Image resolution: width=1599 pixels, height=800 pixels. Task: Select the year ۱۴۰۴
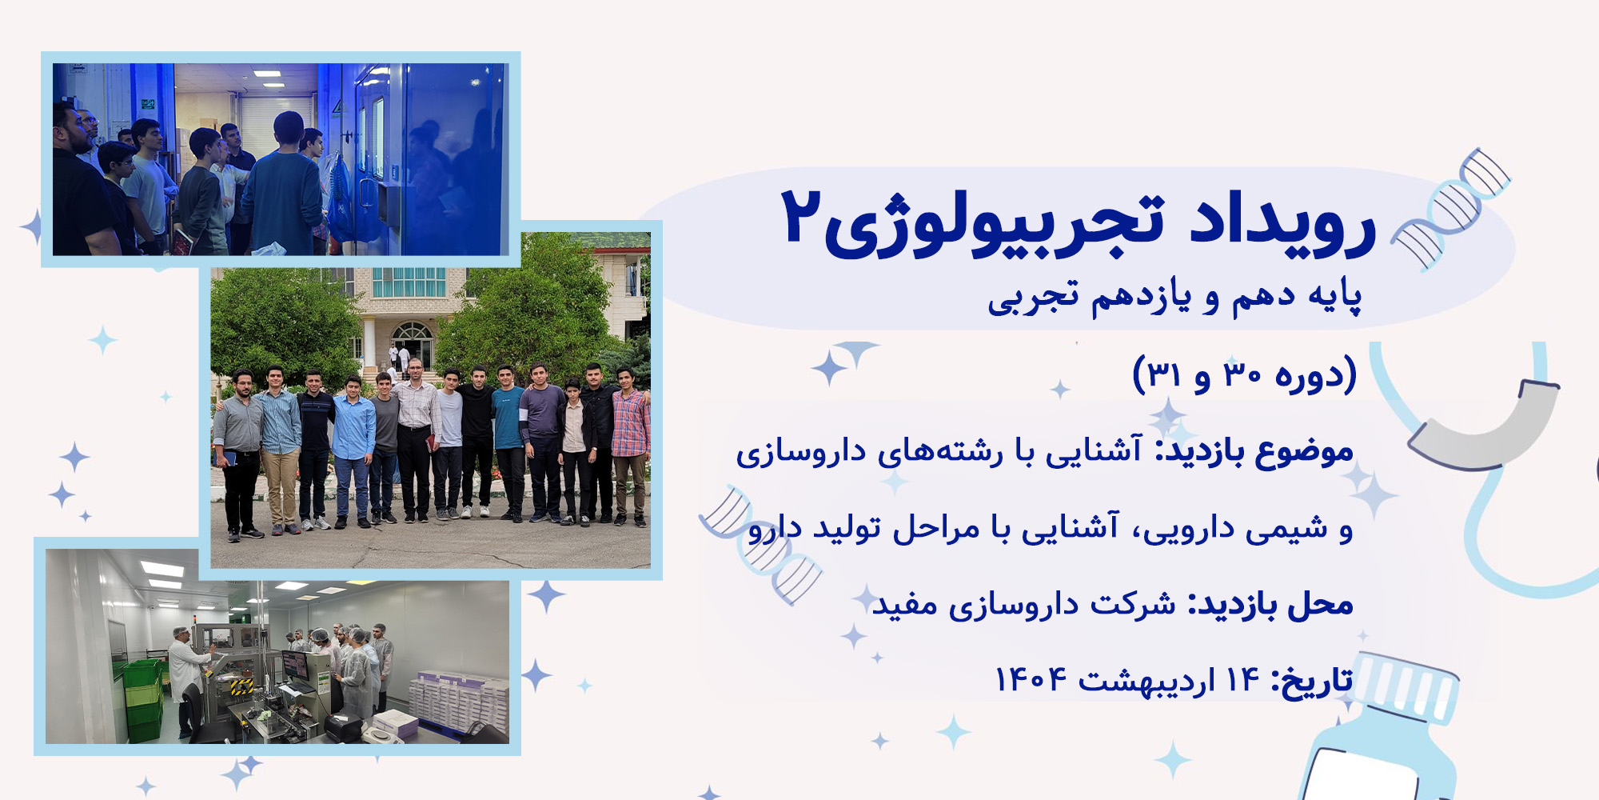point(1031,680)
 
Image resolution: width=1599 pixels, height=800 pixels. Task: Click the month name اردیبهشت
point(1146,681)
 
